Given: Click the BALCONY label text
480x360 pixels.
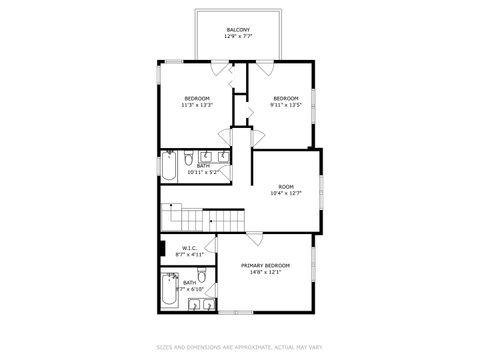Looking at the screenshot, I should [237, 30].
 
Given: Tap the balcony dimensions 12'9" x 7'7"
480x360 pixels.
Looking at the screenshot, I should [237, 37].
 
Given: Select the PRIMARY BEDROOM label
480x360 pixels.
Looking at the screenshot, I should [265, 266].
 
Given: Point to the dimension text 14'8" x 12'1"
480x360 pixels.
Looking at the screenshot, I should [265, 273].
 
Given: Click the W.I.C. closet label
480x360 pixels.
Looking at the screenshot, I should [188, 248].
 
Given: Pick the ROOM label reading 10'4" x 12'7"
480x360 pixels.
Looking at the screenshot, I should [286, 187].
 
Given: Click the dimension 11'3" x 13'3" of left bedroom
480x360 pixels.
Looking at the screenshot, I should [196, 104].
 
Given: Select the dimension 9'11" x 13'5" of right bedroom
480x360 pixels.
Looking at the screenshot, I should [286, 104].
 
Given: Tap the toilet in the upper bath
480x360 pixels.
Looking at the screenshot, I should [187, 157].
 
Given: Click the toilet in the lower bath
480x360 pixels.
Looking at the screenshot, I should [200, 275].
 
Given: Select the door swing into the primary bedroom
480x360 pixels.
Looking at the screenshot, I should [256, 239].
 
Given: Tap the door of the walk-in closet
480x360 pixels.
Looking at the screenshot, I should [211, 244].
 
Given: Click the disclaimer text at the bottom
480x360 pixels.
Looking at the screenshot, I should [239, 348].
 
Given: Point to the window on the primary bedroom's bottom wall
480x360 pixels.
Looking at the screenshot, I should [237, 312].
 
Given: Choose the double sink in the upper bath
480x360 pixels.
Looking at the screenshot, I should [213, 157].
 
